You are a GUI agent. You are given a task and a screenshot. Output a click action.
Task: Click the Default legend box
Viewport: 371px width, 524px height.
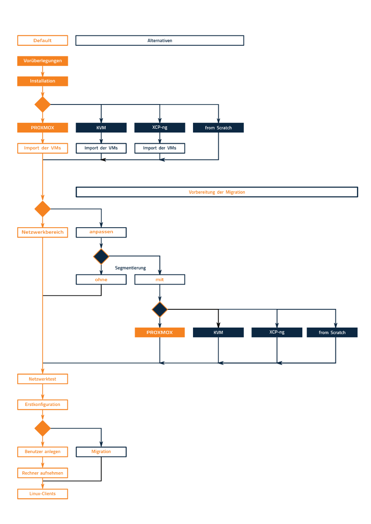pyautogui.click(x=43, y=41)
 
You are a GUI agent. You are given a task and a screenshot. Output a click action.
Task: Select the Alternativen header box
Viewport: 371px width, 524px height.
pyautogui.click(x=160, y=41)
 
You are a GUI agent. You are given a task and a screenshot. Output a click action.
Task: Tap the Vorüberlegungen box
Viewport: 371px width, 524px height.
pyautogui.click(x=43, y=61)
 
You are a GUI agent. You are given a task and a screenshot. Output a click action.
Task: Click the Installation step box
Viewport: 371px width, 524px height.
pyautogui.click(x=43, y=81)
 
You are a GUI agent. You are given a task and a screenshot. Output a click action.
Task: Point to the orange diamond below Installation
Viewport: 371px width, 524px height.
pyautogui.click(x=43, y=105)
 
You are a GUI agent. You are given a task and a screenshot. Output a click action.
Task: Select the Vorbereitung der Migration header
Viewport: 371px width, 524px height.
pyautogui.click(x=217, y=192)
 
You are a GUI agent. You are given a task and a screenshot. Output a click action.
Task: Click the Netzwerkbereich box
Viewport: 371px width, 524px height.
pyautogui.click(x=43, y=232)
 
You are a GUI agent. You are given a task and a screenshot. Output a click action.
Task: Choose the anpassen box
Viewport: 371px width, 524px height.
pyautogui.click(x=101, y=232)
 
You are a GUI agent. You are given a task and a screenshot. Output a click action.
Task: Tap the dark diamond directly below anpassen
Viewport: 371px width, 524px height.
pyautogui.click(x=101, y=256)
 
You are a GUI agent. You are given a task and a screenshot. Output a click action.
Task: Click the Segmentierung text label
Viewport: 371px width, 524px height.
pyautogui.click(x=130, y=268)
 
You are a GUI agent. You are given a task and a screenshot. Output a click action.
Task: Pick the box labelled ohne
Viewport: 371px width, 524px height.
pyautogui.click(x=101, y=279)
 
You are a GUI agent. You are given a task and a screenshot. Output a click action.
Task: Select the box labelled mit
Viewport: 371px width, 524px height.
pyautogui.click(x=160, y=279)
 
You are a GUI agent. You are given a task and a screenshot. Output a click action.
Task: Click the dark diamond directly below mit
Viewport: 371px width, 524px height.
pyautogui.click(x=160, y=309)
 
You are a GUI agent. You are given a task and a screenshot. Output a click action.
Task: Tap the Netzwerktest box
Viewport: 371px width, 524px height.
pyautogui.click(x=43, y=379)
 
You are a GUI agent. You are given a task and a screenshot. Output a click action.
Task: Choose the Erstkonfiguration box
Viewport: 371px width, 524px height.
pyautogui.click(x=43, y=405)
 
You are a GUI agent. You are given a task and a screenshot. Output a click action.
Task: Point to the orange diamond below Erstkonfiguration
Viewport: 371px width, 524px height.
pyautogui.click(x=43, y=428)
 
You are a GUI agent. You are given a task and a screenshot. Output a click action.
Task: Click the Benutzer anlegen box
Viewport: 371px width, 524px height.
pyautogui.click(x=43, y=452)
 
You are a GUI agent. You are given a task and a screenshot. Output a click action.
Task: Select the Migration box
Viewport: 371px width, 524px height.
pyautogui.click(x=101, y=452)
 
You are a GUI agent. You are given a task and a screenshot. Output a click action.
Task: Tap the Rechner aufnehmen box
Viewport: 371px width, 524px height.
pyautogui.click(x=43, y=473)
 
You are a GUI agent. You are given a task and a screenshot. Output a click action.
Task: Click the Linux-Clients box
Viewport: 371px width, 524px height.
pyautogui.click(x=43, y=494)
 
